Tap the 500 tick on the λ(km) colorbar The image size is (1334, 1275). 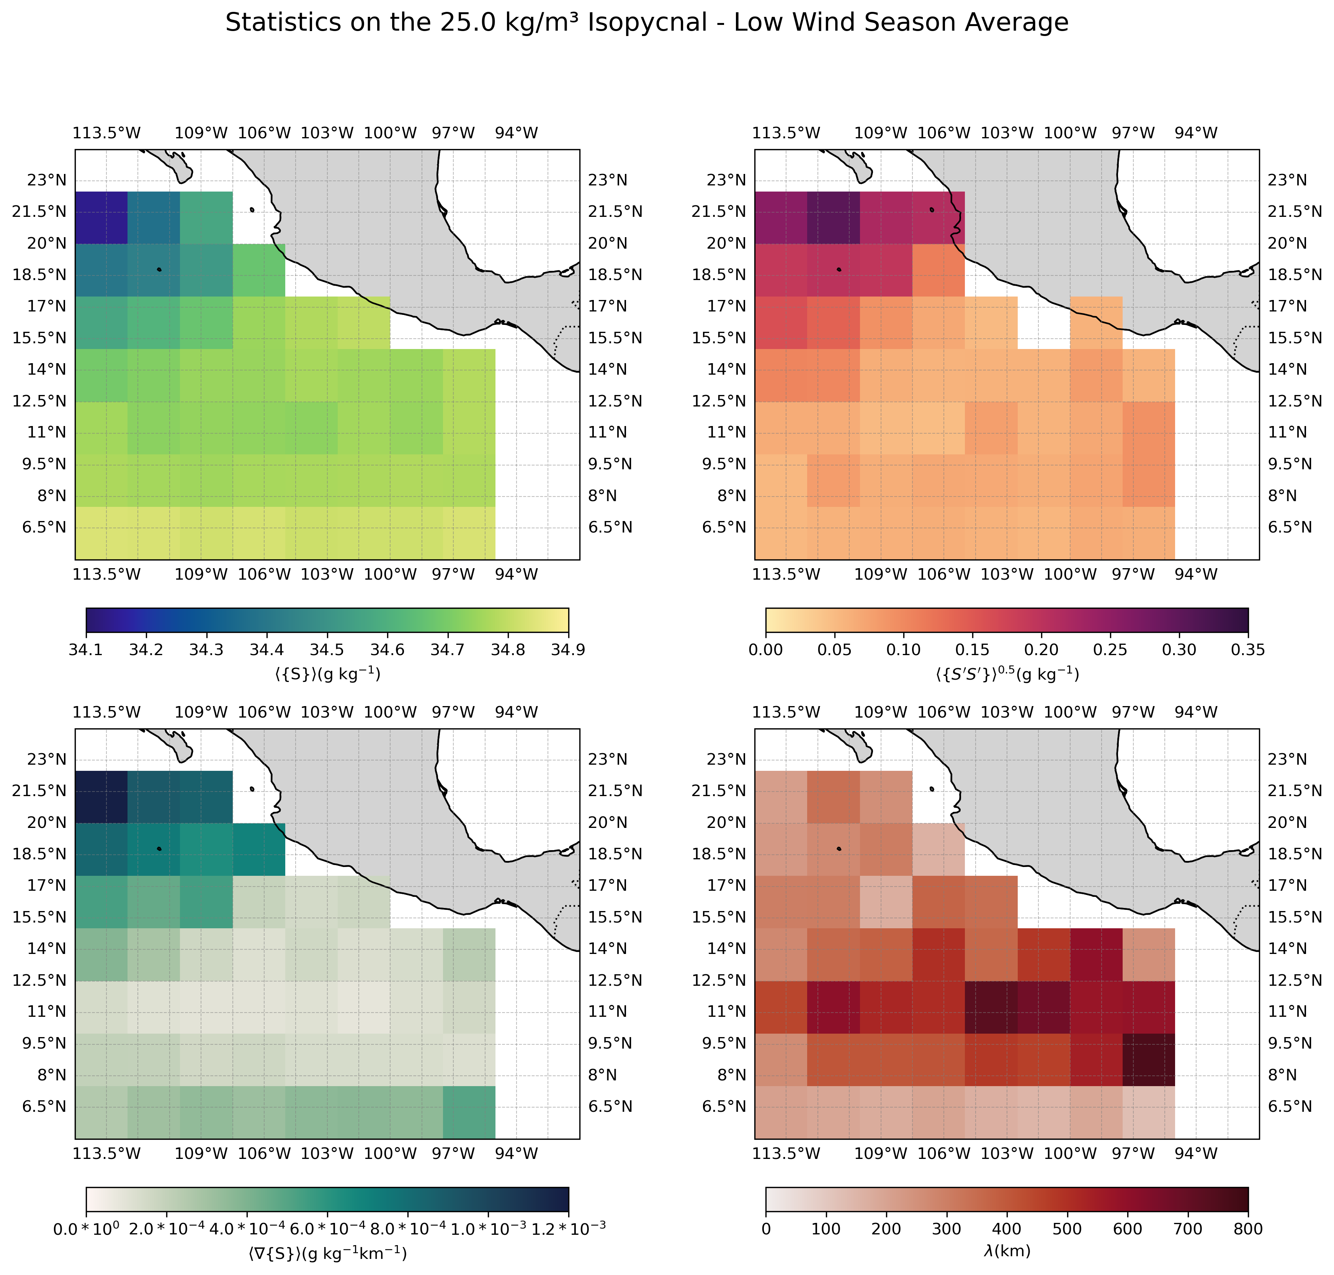(x=1067, y=1229)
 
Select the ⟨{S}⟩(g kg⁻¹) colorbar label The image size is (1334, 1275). (x=327, y=674)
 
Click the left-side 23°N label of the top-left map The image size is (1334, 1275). (x=47, y=180)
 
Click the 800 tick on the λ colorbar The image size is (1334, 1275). (x=1248, y=1229)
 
